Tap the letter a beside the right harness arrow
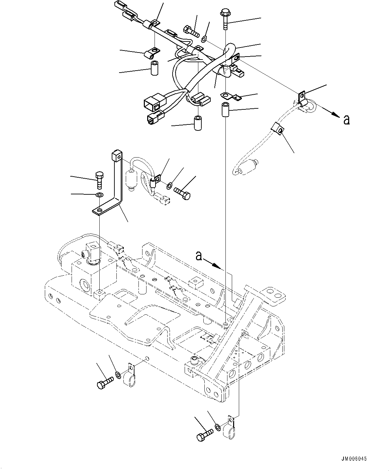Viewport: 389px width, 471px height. [x=347, y=119]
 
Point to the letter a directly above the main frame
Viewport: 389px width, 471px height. [x=198, y=256]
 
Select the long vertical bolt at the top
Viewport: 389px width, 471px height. [x=224, y=20]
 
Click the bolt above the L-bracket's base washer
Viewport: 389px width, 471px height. [x=100, y=180]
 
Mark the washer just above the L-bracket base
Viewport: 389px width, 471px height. [x=99, y=195]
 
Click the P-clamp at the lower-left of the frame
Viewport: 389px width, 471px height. [x=129, y=378]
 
